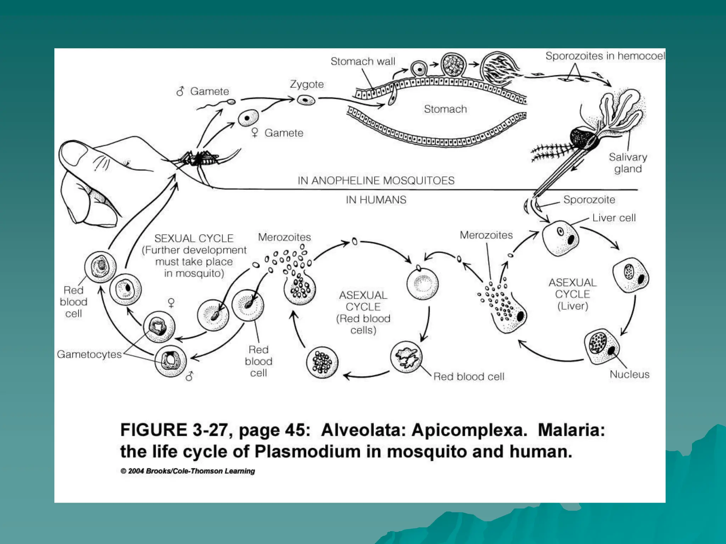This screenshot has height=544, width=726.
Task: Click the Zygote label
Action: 307,84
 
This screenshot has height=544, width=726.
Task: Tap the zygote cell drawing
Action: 306,100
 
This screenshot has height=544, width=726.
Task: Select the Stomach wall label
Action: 363,61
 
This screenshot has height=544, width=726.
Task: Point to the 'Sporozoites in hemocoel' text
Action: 605,56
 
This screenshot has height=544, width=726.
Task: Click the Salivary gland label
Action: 628,163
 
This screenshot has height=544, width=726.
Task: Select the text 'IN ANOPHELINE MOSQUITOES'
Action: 376,181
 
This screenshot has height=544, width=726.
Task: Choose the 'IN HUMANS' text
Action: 376,200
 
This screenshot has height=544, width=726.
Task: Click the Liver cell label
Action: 614,218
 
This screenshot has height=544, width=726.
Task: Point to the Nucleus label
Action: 629,374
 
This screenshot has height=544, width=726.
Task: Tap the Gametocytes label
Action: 89,354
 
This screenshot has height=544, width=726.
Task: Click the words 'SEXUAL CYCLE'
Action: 194,238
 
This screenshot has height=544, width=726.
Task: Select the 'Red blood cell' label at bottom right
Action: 469,376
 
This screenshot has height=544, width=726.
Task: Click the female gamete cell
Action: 248,118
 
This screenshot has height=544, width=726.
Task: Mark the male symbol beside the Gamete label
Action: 180,91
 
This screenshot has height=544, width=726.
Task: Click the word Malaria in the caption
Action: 571,430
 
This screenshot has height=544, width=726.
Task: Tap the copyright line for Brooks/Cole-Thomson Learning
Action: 188,471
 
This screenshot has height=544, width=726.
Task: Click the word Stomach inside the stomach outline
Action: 445,109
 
